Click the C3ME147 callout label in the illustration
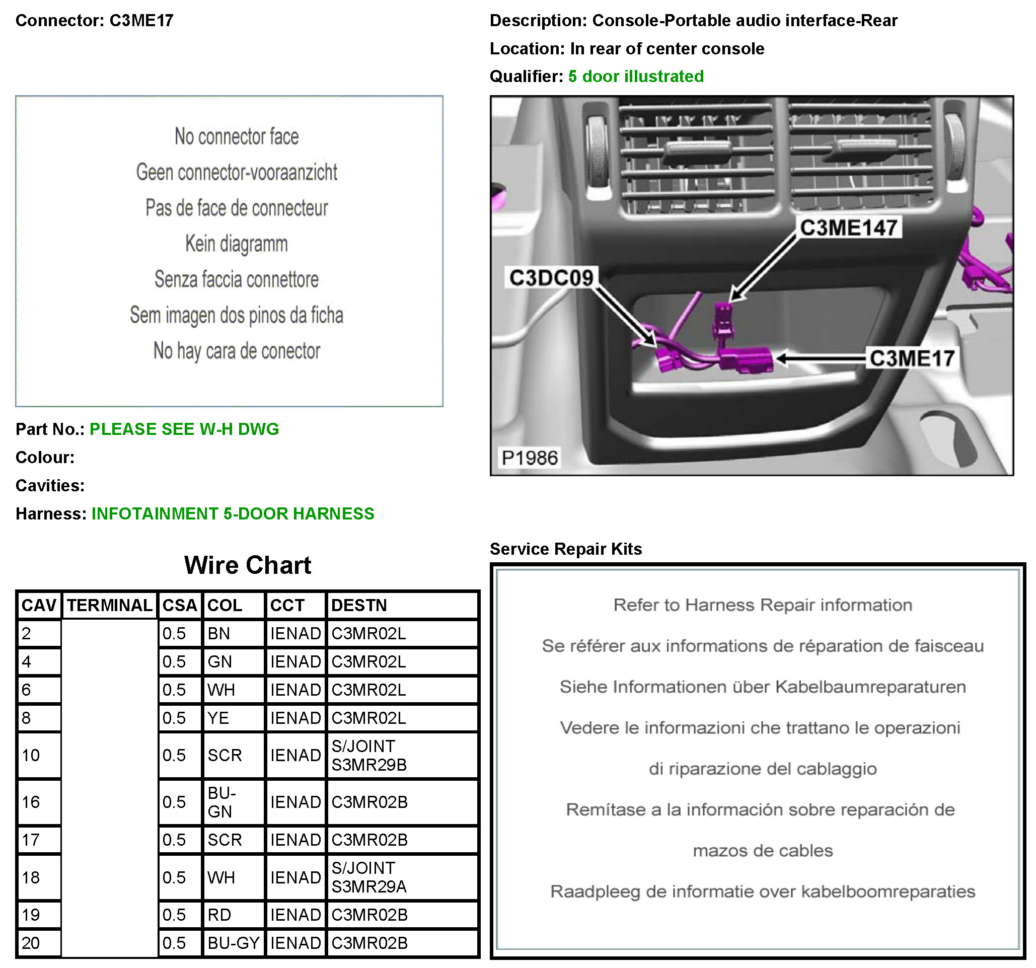coord(848,228)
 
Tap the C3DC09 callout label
coord(551,278)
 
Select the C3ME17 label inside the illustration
coord(912,358)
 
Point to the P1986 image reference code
coord(530,458)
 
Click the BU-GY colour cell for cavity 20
coord(233,943)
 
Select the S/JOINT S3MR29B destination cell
coord(401,756)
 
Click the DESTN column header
coord(359,606)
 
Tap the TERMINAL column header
coord(109,606)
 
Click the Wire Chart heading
coord(248,565)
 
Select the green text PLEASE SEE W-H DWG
coord(184,429)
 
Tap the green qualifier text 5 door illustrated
coord(636,77)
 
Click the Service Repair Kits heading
coord(565,549)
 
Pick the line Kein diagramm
coord(236,244)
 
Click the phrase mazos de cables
coord(763,851)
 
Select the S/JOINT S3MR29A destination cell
coord(401,877)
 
